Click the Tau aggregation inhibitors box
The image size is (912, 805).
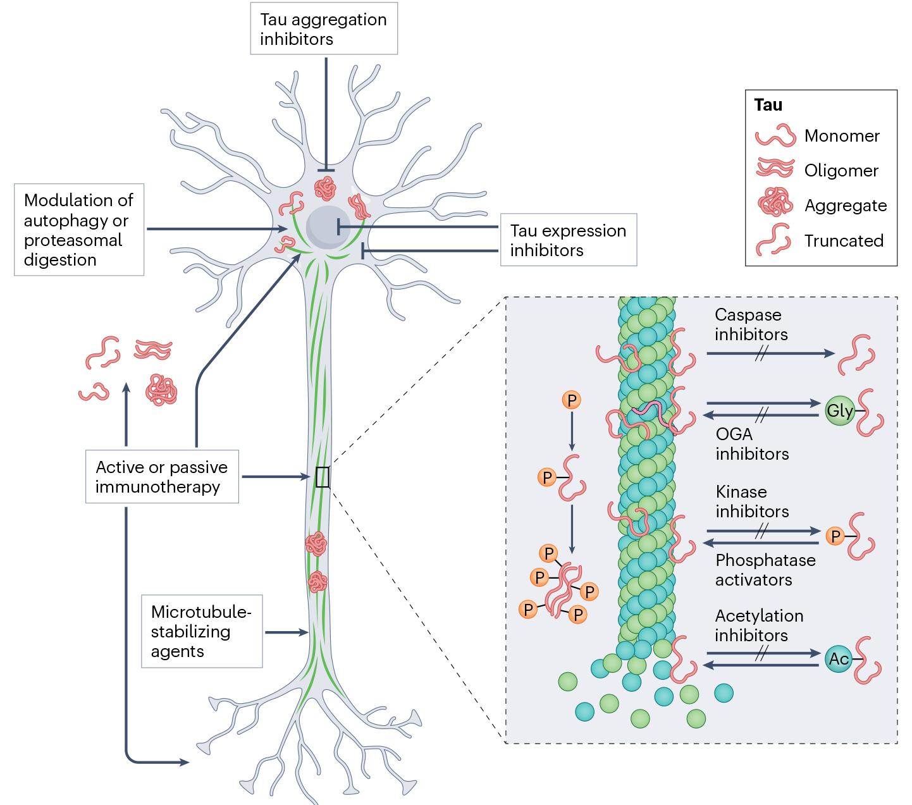[323, 29]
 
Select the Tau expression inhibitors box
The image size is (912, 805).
[568, 240]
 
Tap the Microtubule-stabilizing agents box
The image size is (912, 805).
[201, 631]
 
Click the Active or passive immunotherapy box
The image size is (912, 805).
[162, 477]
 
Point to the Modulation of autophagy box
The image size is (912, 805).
[78, 230]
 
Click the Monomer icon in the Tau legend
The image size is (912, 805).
[775, 136]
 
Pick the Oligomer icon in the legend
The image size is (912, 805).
[775, 169]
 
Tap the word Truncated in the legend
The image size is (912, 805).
[844, 241]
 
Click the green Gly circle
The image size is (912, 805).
[840, 411]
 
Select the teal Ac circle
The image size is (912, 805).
[839, 659]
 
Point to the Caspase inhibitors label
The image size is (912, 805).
[751, 324]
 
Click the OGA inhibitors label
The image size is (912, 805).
[752, 444]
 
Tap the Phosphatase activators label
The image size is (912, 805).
[765, 570]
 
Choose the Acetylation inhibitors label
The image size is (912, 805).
[759, 625]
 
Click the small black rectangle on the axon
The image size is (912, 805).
[323, 477]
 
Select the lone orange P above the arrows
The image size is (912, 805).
[571, 400]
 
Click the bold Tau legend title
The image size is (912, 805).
[768, 105]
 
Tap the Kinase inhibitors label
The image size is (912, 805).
[752, 501]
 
